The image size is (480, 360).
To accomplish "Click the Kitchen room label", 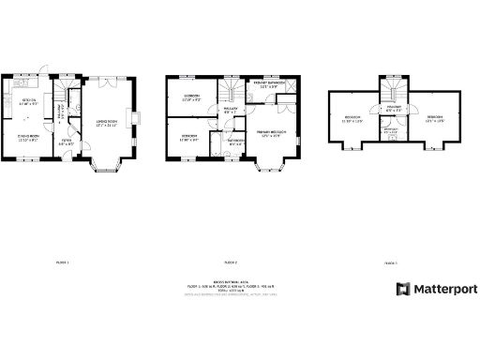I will [x=29, y=103].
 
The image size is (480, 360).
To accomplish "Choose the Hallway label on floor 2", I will [x=230, y=112].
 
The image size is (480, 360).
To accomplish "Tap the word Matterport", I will [x=442, y=289].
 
